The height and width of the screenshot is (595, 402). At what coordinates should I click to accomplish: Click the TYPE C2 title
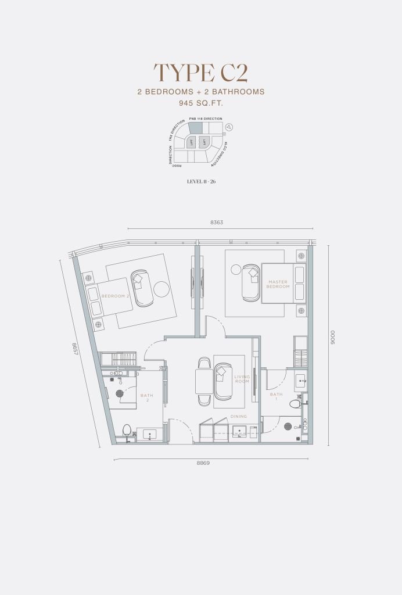click(200, 73)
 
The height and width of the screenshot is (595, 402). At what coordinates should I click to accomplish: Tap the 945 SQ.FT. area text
click(200, 103)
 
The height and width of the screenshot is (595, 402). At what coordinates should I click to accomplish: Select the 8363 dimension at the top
click(217, 222)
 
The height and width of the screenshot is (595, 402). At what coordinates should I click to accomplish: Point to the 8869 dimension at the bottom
click(202, 463)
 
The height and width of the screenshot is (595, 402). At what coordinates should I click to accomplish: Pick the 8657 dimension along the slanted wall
click(75, 349)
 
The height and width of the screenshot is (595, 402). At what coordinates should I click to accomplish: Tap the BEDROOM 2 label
click(115, 296)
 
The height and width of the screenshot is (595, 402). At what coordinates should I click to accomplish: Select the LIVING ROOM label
click(242, 379)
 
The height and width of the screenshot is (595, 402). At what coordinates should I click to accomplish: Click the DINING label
click(238, 416)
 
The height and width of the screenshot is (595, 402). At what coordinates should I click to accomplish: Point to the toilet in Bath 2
click(127, 430)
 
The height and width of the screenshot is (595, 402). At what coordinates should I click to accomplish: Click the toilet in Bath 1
click(295, 404)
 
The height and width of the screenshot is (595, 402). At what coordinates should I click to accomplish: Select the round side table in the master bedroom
click(235, 269)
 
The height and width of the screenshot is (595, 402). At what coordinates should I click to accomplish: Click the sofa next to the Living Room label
click(223, 381)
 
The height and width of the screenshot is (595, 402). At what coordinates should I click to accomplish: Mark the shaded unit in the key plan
click(193, 131)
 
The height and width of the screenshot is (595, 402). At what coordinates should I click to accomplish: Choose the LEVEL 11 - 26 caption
click(200, 182)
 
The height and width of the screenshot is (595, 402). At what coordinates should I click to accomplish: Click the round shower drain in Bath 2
click(120, 393)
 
